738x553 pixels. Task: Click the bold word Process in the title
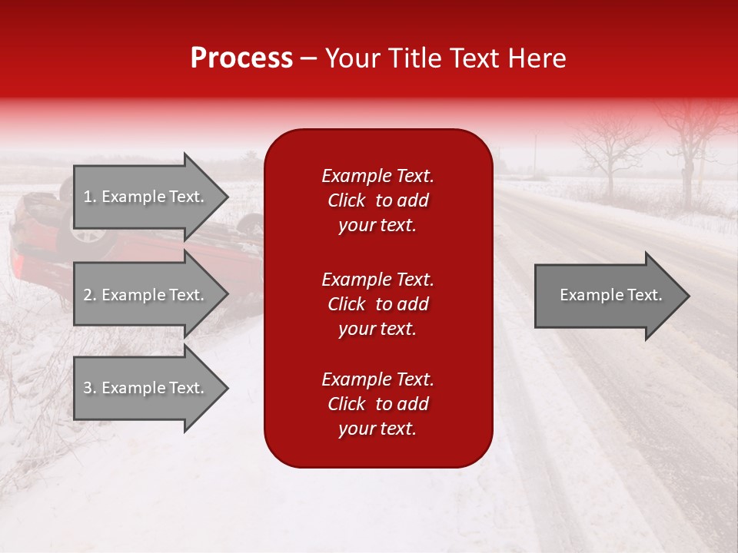point(241,58)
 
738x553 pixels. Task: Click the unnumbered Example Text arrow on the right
point(610,295)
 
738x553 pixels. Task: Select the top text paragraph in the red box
point(377,200)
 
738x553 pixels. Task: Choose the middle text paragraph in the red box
point(377,303)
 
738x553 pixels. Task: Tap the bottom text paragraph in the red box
point(377,404)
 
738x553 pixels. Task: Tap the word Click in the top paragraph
point(347,200)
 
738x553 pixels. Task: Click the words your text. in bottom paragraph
point(377,429)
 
